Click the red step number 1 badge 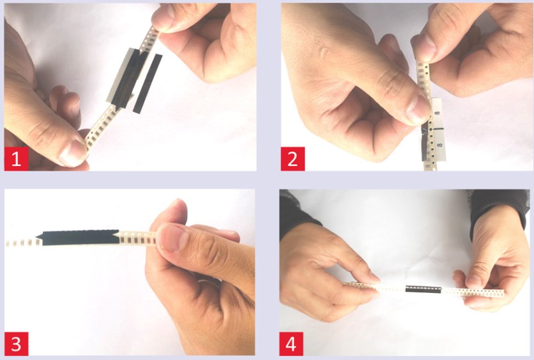click(17, 158)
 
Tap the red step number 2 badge click(293, 158)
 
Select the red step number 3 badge click(17, 343)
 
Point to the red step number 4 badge click(291, 343)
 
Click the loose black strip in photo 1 click(148, 84)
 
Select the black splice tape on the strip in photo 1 click(128, 79)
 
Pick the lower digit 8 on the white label click(439, 145)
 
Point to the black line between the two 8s click(438, 129)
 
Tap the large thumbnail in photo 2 click(418, 109)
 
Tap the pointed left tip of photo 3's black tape click(36, 236)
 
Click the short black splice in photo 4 click(423, 290)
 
